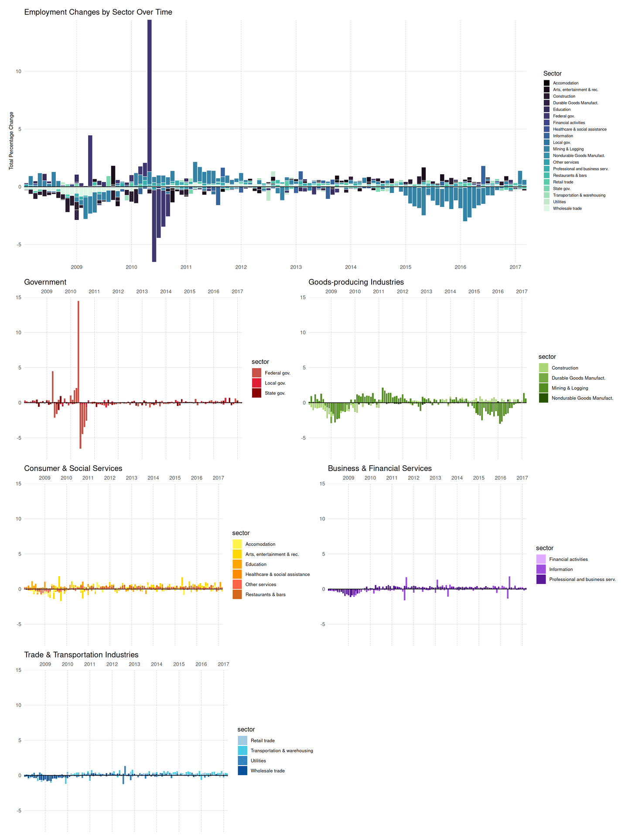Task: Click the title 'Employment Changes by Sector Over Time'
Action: pyautogui.click(x=98, y=12)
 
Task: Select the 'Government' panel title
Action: pyautogui.click(x=45, y=282)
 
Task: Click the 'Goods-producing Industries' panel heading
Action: pyautogui.click(x=356, y=282)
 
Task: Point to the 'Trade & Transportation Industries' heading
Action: pyautogui.click(x=81, y=655)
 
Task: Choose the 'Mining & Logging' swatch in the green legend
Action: pyautogui.click(x=543, y=388)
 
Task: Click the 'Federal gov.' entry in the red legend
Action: pyautogui.click(x=277, y=373)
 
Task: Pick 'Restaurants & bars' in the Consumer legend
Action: pyautogui.click(x=265, y=594)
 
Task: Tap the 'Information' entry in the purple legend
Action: pyautogui.click(x=561, y=570)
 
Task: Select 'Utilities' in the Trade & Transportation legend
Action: pyautogui.click(x=258, y=761)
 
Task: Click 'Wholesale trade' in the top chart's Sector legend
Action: pyautogui.click(x=567, y=209)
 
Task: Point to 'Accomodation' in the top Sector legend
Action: pyautogui.click(x=566, y=83)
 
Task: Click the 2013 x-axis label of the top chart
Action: pyautogui.click(x=296, y=267)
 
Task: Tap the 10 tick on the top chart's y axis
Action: pyautogui.click(x=19, y=72)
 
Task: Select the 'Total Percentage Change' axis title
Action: pyautogui.click(x=12, y=141)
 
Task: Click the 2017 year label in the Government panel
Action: pyautogui.click(x=237, y=292)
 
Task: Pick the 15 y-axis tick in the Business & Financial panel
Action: pyautogui.click(x=322, y=484)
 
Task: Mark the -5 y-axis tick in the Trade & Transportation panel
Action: pyautogui.click(x=19, y=811)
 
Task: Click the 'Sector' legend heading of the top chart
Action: pyautogui.click(x=552, y=74)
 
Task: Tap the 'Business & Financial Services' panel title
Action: pyautogui.click(x=379, y=469)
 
